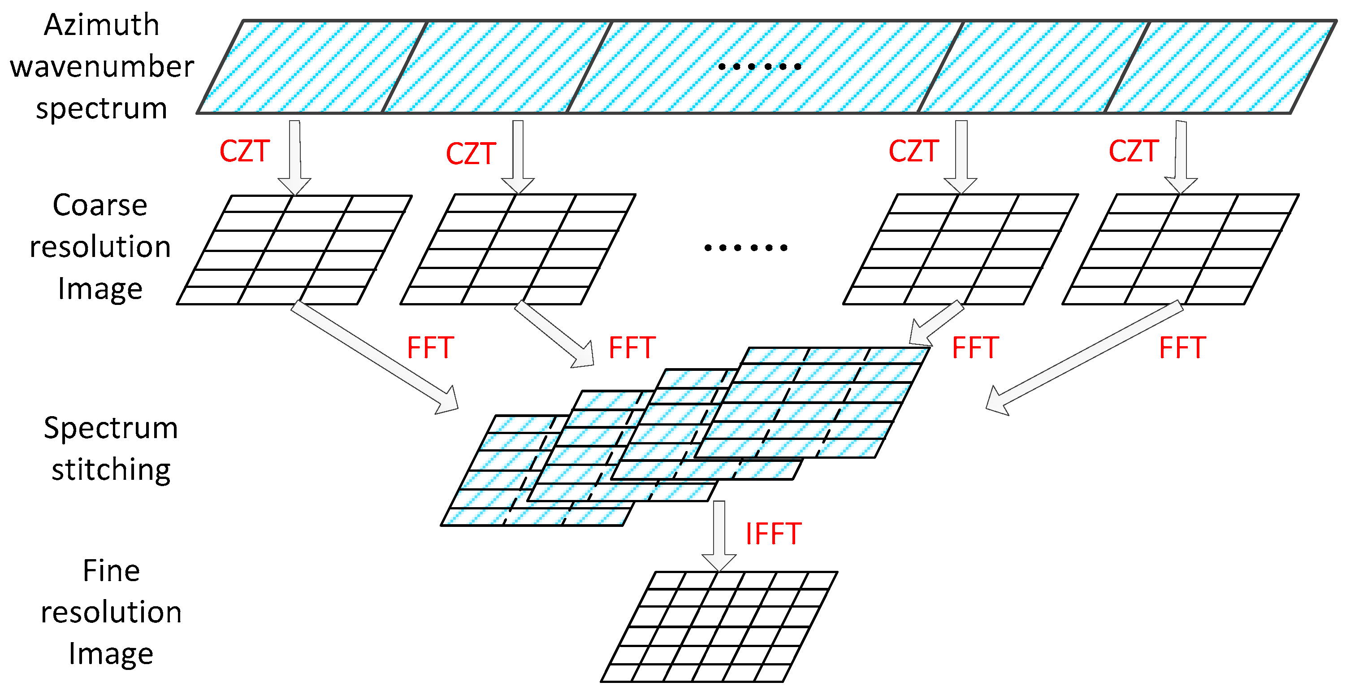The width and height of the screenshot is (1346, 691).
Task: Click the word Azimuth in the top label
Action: [101, 25]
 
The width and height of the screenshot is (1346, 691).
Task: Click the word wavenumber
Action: [102, 67]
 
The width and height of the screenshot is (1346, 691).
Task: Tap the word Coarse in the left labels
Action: [100, 205]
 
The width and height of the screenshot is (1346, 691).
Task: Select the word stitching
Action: [111, 469]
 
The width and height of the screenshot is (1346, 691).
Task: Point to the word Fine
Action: [111, 570]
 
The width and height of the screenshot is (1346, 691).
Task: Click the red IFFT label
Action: [773, 534]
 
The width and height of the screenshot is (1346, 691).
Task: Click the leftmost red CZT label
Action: [244, 151]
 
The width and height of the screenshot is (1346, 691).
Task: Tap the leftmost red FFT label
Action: [430, 348]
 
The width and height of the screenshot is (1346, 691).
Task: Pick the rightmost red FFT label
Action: [1182, 348]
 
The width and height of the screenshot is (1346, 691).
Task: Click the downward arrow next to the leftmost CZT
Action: [294, 157]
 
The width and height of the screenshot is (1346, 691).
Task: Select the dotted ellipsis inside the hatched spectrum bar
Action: [759, 66]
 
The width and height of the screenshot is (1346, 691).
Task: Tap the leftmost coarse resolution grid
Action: [294, 250]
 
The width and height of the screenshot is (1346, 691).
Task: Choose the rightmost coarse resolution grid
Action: [1180, 249]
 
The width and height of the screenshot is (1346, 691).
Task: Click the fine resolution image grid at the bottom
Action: [718, 627]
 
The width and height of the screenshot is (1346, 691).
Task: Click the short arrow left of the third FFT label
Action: [935, 324]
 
